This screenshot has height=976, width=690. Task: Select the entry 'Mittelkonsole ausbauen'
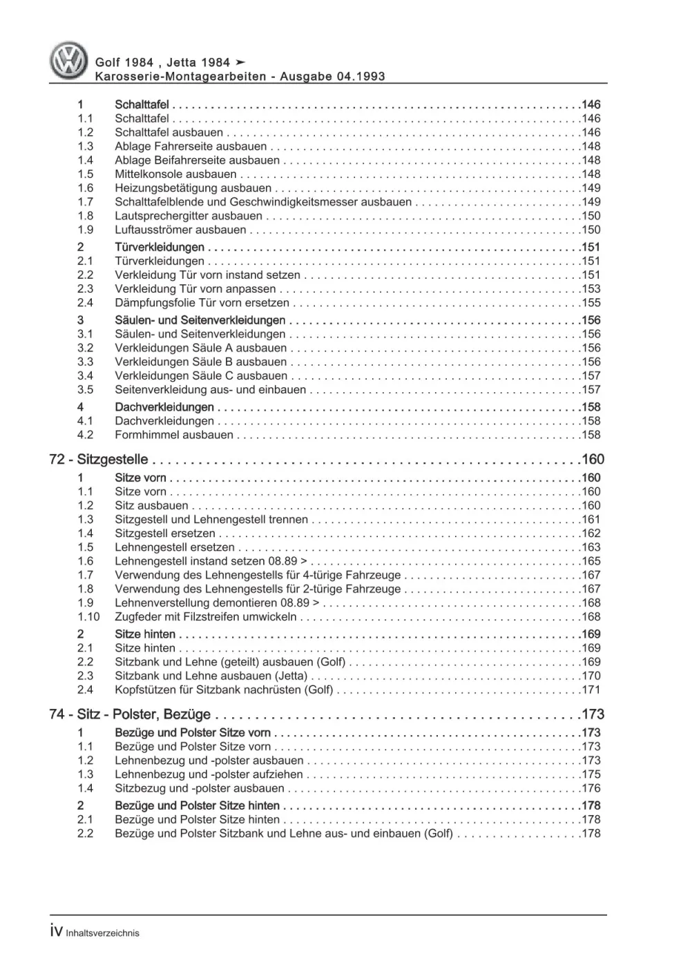pos(175,174)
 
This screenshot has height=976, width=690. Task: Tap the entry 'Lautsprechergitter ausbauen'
pos(188,216)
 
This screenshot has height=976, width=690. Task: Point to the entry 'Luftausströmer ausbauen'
pos(180,230)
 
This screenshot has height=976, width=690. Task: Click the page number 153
pos(591,289)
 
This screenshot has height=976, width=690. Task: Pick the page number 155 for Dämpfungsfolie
pos(591,303)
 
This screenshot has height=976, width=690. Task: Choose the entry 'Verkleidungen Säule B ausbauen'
pos(200,362)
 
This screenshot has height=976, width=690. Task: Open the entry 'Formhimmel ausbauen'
pos(174,435)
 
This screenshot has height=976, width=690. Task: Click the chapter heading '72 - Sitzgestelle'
pos(99,460)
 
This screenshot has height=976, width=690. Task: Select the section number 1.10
pos(88,617)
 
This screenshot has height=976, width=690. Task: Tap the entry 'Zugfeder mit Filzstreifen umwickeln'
pos(205,617)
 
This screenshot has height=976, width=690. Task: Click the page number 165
pos(591,561)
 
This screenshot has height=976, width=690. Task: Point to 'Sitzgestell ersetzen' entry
pos(165,534)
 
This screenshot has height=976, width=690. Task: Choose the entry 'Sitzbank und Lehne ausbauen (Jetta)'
pos(211,676)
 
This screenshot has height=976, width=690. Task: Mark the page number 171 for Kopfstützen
pos(591,690)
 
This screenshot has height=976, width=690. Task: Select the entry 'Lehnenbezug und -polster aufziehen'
pos(209,774)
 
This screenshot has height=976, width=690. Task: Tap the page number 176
pos(591,788)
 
